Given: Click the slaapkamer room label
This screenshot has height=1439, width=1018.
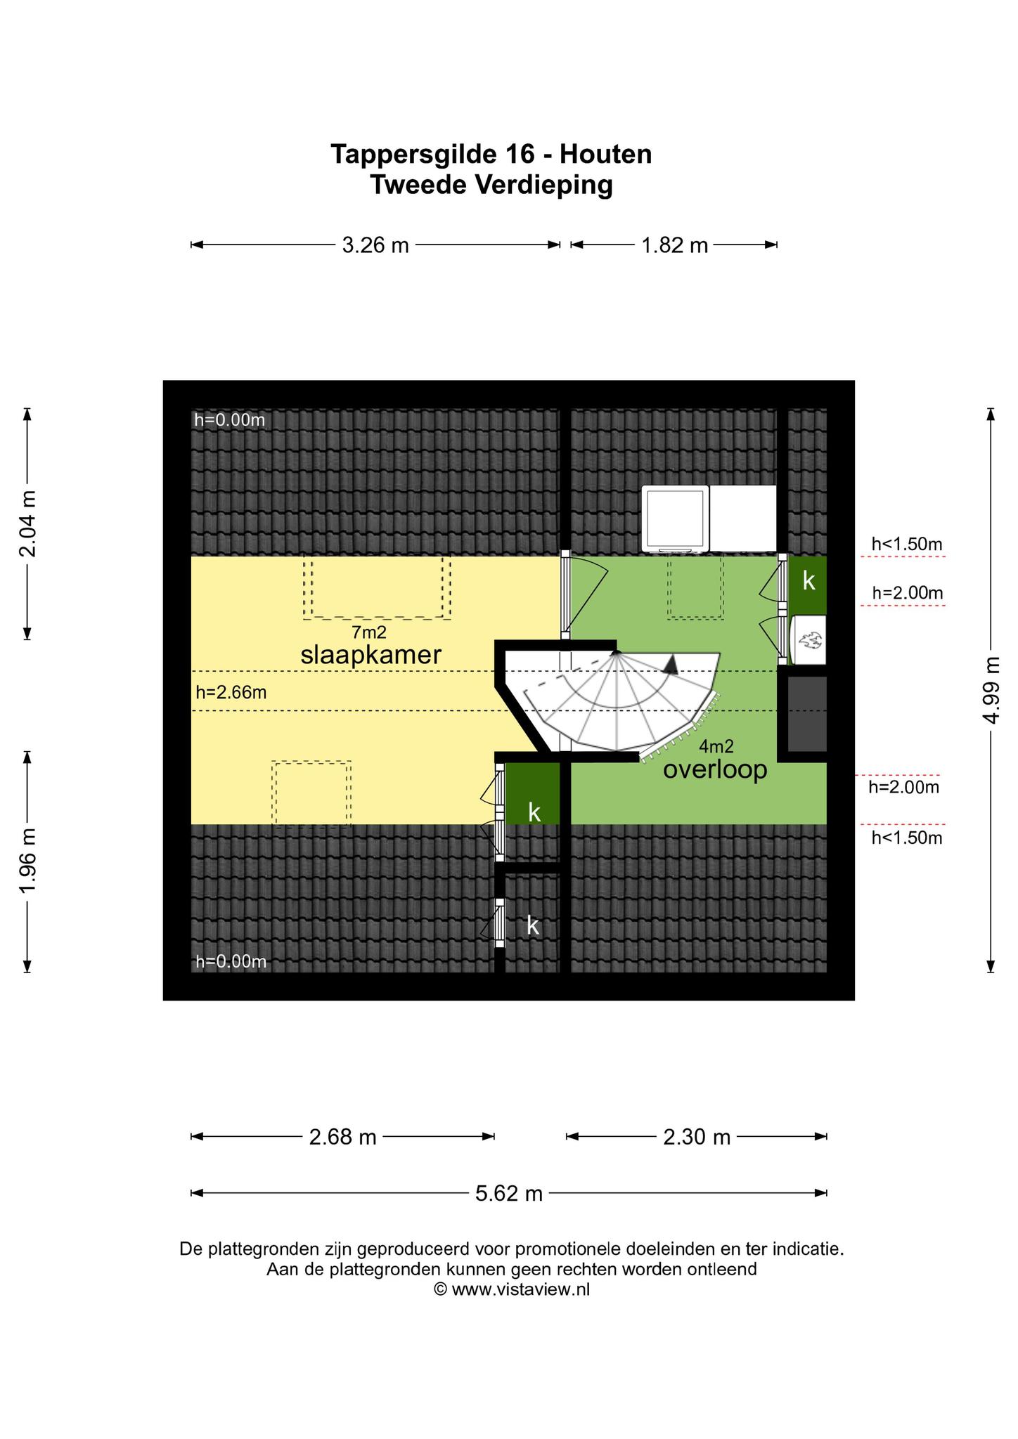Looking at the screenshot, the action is tap(371, 655).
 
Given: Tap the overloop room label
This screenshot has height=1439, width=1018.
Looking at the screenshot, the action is tap(715, 770).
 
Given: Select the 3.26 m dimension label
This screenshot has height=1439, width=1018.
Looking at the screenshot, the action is tap(375, 245).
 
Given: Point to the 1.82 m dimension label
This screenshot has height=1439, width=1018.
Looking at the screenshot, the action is tap(674, 245).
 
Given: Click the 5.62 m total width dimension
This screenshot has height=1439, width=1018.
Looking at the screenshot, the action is tap(509, 1193).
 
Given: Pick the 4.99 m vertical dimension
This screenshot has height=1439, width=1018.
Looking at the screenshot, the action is tap(991, 690).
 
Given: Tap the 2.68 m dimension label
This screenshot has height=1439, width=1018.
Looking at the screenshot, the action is tap(343, 1137).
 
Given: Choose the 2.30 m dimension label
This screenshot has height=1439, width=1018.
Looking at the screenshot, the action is tap(697, 1137).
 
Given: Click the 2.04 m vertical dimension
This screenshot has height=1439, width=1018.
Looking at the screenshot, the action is tap(27, 523).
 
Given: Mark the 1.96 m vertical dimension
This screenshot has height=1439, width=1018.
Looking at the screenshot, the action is tap(27, 862).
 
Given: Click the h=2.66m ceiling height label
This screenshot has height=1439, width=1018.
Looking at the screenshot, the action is tap(231, 692).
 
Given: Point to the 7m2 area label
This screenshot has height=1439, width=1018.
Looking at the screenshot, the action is tap(370, 632).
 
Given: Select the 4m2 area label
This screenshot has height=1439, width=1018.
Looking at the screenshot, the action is tap(716, 747).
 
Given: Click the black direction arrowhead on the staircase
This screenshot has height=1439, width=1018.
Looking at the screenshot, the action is tap(673, 665).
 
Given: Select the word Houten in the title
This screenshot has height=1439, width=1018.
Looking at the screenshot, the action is tap(606, 155).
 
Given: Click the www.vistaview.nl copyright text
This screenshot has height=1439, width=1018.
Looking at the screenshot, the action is tap(511, 1289).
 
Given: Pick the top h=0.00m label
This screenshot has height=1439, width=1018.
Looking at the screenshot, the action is tap(230, 420).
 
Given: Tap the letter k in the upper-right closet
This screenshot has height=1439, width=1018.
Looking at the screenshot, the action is tap(809, 580).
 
